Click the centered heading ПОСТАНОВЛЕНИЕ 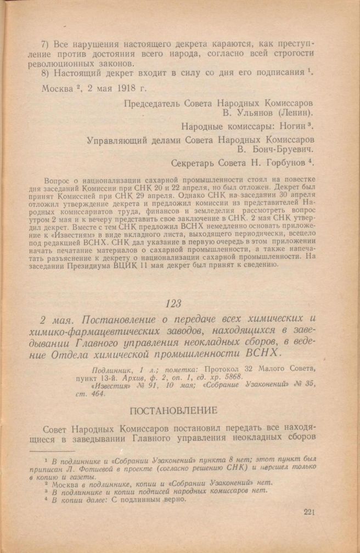pos(179,410)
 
